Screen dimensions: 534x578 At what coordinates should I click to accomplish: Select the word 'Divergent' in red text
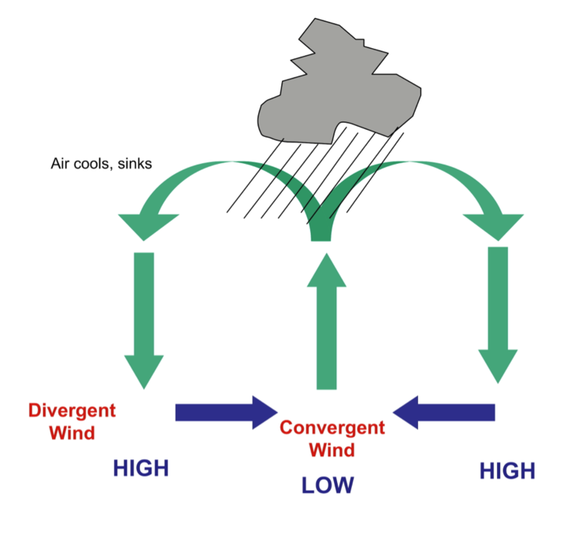tap(71, 410)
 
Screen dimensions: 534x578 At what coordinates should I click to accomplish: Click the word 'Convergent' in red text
tap(332, 428)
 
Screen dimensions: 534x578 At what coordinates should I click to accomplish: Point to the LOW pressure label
tap(327, 486)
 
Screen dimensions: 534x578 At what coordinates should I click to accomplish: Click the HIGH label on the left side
tap(141, 468)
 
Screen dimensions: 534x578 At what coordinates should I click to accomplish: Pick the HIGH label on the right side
tap(507, 470)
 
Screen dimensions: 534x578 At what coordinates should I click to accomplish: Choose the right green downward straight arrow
tap(497, 315)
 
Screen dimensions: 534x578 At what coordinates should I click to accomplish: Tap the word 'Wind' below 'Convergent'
tap(332, 450)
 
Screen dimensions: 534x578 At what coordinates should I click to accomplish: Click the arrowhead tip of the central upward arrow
tap(327, 257)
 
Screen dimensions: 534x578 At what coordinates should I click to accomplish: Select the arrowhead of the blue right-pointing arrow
tap(264, 412)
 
